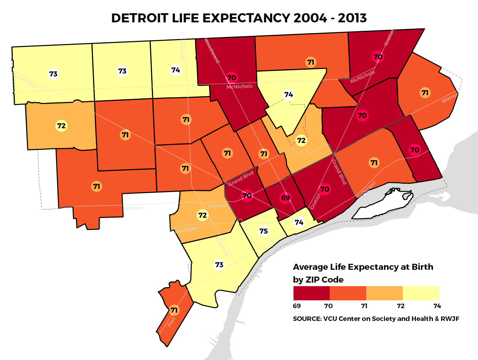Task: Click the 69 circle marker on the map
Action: tap(285, 198)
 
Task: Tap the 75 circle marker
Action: tap(263, 231)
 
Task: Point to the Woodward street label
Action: tap(212, 51)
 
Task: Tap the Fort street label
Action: tap(172, 322)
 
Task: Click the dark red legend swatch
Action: tap(311, 293)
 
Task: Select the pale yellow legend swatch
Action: tap(421, 293)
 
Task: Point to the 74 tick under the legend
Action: tap(437, 306)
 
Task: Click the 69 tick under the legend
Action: tap(297, 306)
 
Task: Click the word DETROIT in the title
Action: tap(139, 18)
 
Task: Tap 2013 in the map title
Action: tap(352, 18)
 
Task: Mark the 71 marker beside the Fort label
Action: tap(174, 310)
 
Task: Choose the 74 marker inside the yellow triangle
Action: tap(289, 94)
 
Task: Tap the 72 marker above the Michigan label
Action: tap(202, 215)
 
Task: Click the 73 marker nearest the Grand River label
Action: tap(53, 74)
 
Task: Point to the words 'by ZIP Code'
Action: tap(318, 280)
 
